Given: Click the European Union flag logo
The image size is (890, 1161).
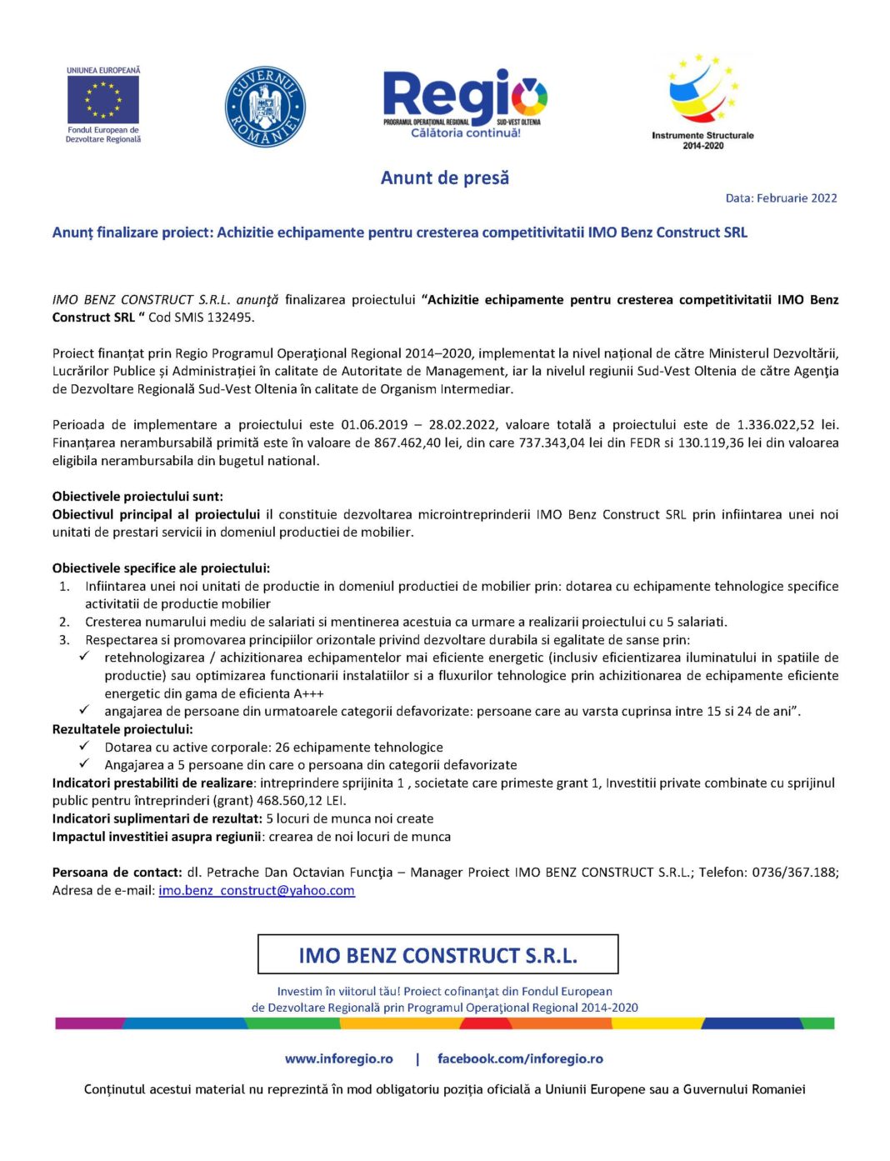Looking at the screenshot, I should pyautogui.click(x=103, y=99).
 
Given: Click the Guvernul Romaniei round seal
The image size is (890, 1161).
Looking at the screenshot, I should pyautogui.click(x=265, y=107).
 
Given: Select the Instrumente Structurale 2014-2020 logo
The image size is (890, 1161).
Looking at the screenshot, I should pyautogui.click(x=702, y=101).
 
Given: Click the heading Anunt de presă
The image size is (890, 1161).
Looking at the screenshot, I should pyautogui.click(x=444, y=178).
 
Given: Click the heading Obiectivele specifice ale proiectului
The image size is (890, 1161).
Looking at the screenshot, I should pyautogui.click(x=161, y=568).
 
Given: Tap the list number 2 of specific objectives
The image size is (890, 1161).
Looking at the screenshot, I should pyautogui.click(x=64, y=622).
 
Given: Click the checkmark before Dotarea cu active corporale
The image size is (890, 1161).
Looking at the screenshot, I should pyautogui.click(x=84, y=747).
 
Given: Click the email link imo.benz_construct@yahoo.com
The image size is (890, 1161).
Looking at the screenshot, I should pyautogui.click(x=257, y=891).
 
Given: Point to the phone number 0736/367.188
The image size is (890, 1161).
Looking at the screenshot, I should pyautogui.click(x=795, y=873).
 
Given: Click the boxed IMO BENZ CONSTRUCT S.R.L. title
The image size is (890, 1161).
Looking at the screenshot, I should pyautogui.click(x=437, y=954).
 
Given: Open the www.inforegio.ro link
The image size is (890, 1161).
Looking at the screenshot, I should pyautogui.click(x=338, y=1058).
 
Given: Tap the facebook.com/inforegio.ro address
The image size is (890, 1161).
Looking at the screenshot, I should pyautogui.click(x=520, y=1058).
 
